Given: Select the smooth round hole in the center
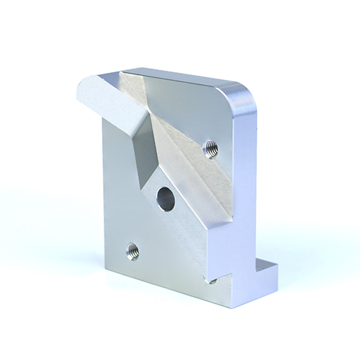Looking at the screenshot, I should pyautogui.click(x=165, y=198).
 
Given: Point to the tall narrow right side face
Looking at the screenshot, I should pyautogui.click(x=245, y=187).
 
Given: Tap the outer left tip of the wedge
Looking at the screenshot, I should pyautogui.click(x=78, y=92).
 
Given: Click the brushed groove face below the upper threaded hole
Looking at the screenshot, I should pyautogui.click(x=202, y=180).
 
